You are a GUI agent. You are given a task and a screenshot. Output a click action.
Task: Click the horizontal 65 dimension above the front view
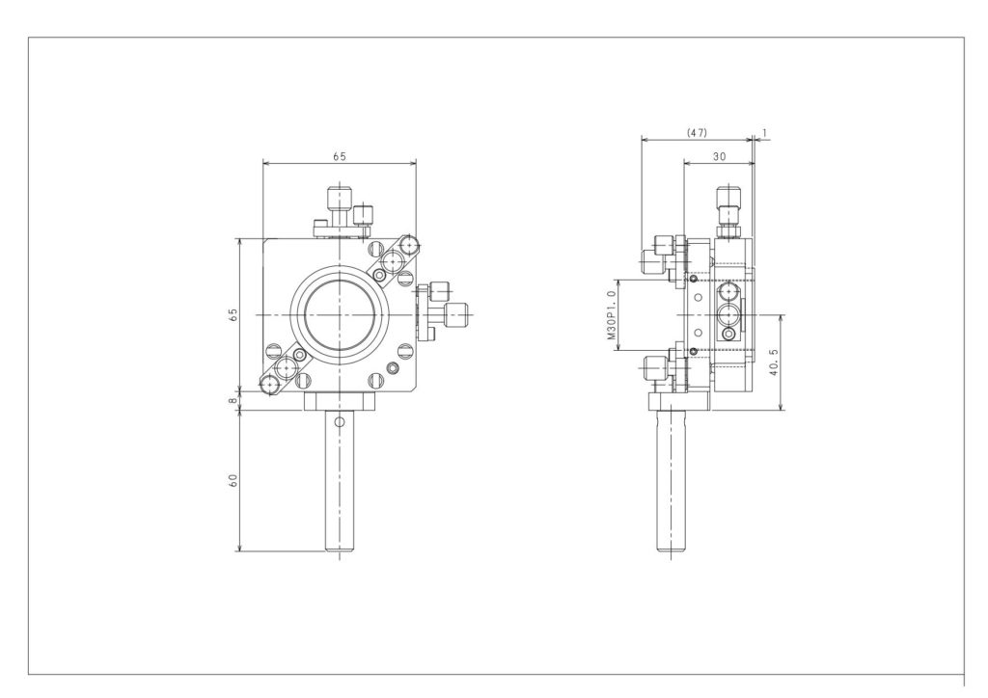point(339,157)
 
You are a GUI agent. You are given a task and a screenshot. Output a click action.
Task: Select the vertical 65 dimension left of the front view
point(233,314)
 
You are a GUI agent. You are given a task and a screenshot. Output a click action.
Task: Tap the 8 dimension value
point(233,400)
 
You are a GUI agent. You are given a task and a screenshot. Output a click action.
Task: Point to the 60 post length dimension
point(233,480)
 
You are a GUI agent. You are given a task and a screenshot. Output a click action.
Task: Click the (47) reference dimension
point(697,133)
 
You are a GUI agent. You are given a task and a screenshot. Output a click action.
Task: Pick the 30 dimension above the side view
point(719,157)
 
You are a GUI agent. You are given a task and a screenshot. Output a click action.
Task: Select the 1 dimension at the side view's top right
point(764,133)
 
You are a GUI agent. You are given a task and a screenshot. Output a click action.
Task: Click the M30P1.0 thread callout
point(611,314)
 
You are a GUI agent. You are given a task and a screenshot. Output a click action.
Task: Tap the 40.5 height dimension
point(775,363)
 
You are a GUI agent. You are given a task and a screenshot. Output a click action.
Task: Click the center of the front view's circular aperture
point(340,314)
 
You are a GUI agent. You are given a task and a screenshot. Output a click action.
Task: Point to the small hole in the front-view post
point(339,421)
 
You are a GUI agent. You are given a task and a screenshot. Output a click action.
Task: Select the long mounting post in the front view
point(339,481)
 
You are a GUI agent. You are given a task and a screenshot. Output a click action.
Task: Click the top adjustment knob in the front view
point(339,204)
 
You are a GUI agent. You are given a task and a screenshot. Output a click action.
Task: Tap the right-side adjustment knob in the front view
point(451,314)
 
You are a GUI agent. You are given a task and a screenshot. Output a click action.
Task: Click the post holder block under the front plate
point(340,401)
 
